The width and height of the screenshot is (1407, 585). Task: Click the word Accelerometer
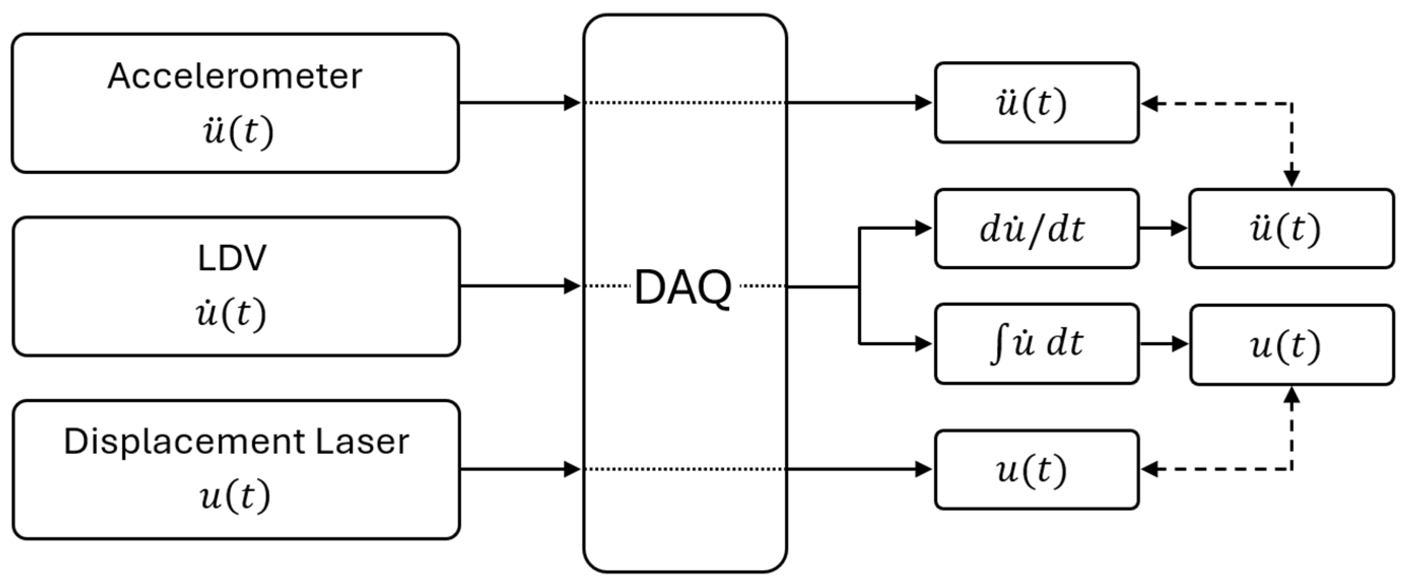pos(235,76)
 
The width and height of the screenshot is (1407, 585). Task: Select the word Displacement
pos(184,441)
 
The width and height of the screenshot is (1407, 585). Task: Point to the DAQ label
pos(683,287)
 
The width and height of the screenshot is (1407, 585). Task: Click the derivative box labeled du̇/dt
pos(1036,229)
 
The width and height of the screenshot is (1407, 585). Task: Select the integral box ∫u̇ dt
pos(1036,344)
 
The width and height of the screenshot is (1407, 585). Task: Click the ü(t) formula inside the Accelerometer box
pos(238,132)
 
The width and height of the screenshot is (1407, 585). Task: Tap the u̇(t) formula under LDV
pos(231,314)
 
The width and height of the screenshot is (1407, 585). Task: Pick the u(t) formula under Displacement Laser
pos(235,497)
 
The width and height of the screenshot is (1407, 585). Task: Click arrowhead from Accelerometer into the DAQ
pos(572,102)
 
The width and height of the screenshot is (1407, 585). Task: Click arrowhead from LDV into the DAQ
pos(572,286)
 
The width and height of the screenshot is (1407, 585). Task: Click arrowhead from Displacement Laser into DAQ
pos(572,469)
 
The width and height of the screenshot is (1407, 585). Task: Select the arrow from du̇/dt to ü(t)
pos(1163,228)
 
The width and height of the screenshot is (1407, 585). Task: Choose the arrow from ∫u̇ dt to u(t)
pos(1164,344)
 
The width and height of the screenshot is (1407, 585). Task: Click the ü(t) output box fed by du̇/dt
pos(1291,229)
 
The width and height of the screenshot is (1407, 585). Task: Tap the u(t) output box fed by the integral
pos(1292,345)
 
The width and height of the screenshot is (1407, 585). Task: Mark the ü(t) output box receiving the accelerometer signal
pos(1036,102)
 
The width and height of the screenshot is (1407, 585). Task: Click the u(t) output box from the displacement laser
pos(1036,469)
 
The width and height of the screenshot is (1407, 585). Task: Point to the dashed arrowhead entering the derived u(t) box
pos(1292,394)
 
